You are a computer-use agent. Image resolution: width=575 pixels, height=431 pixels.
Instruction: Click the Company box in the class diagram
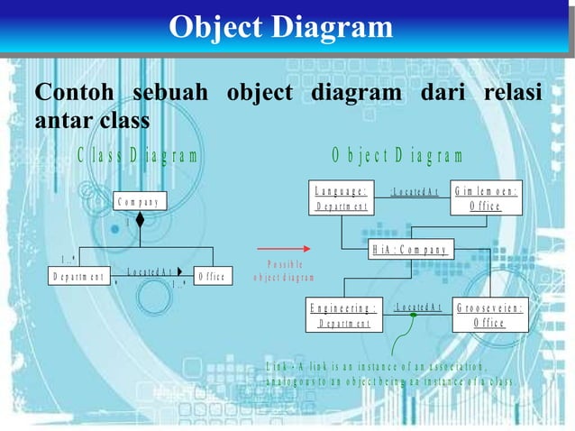tap(140, 201)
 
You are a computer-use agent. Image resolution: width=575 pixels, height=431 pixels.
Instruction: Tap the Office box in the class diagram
tap(212, 276)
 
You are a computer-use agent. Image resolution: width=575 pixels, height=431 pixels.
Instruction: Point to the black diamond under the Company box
tap(140, 219)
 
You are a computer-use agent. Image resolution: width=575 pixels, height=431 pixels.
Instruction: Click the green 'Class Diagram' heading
tap(137, 154)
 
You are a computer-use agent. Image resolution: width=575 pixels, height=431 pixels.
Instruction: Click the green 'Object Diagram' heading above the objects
tap(397, 155)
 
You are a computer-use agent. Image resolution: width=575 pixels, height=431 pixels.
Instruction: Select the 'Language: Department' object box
tap(342, 198)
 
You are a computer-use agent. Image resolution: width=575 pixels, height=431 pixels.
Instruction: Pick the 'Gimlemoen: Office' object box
tap(486, 198)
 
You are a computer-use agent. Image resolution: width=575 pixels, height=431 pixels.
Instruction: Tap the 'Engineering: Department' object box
tap(343, 315)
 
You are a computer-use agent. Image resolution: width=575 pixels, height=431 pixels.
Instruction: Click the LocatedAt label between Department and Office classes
tap(149, 271)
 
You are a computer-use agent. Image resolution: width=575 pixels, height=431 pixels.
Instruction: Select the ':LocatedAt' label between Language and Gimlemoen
tap(414, 191)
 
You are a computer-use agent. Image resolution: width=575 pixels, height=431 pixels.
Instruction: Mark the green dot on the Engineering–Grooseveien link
tap(413, 315)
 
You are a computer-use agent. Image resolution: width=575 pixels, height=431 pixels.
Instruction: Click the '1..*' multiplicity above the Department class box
tap(68, 259)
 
